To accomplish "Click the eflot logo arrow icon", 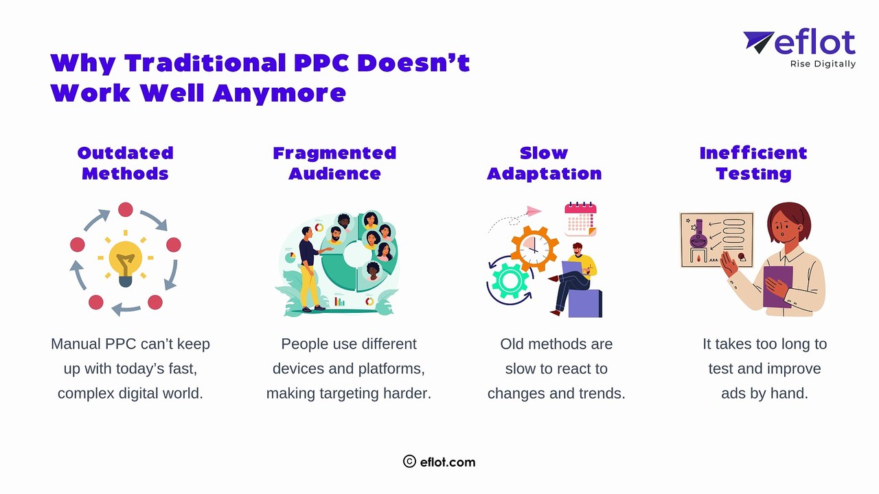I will coord(758,42).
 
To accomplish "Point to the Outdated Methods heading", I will coord(125,163).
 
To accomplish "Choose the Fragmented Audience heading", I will coord(334,163).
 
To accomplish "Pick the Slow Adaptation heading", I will coord(544,163).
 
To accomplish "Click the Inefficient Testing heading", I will coord(753,163).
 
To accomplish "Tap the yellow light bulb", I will coord(125,261).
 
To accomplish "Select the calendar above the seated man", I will coord(580,219).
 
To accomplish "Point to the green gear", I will coord(509,281).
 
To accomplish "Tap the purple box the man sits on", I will coord(585,303).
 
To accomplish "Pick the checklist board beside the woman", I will coord(716,239).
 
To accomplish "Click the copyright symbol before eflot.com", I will coord(409,462).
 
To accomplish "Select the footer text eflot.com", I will coord(448,462).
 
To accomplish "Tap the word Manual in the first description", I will coord(76,344).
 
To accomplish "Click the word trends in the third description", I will coord(601,393).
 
